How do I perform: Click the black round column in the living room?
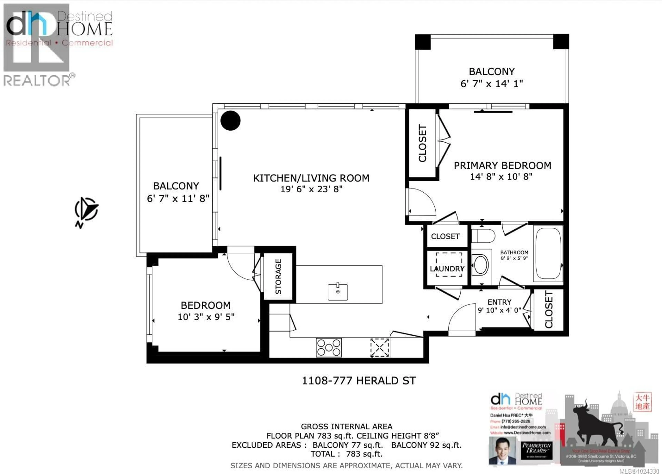(230, 121)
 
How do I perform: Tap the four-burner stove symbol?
(329, 347)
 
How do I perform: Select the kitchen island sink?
(338, 292)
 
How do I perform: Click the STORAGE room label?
(278, 277)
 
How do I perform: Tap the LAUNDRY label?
(447, 269)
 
